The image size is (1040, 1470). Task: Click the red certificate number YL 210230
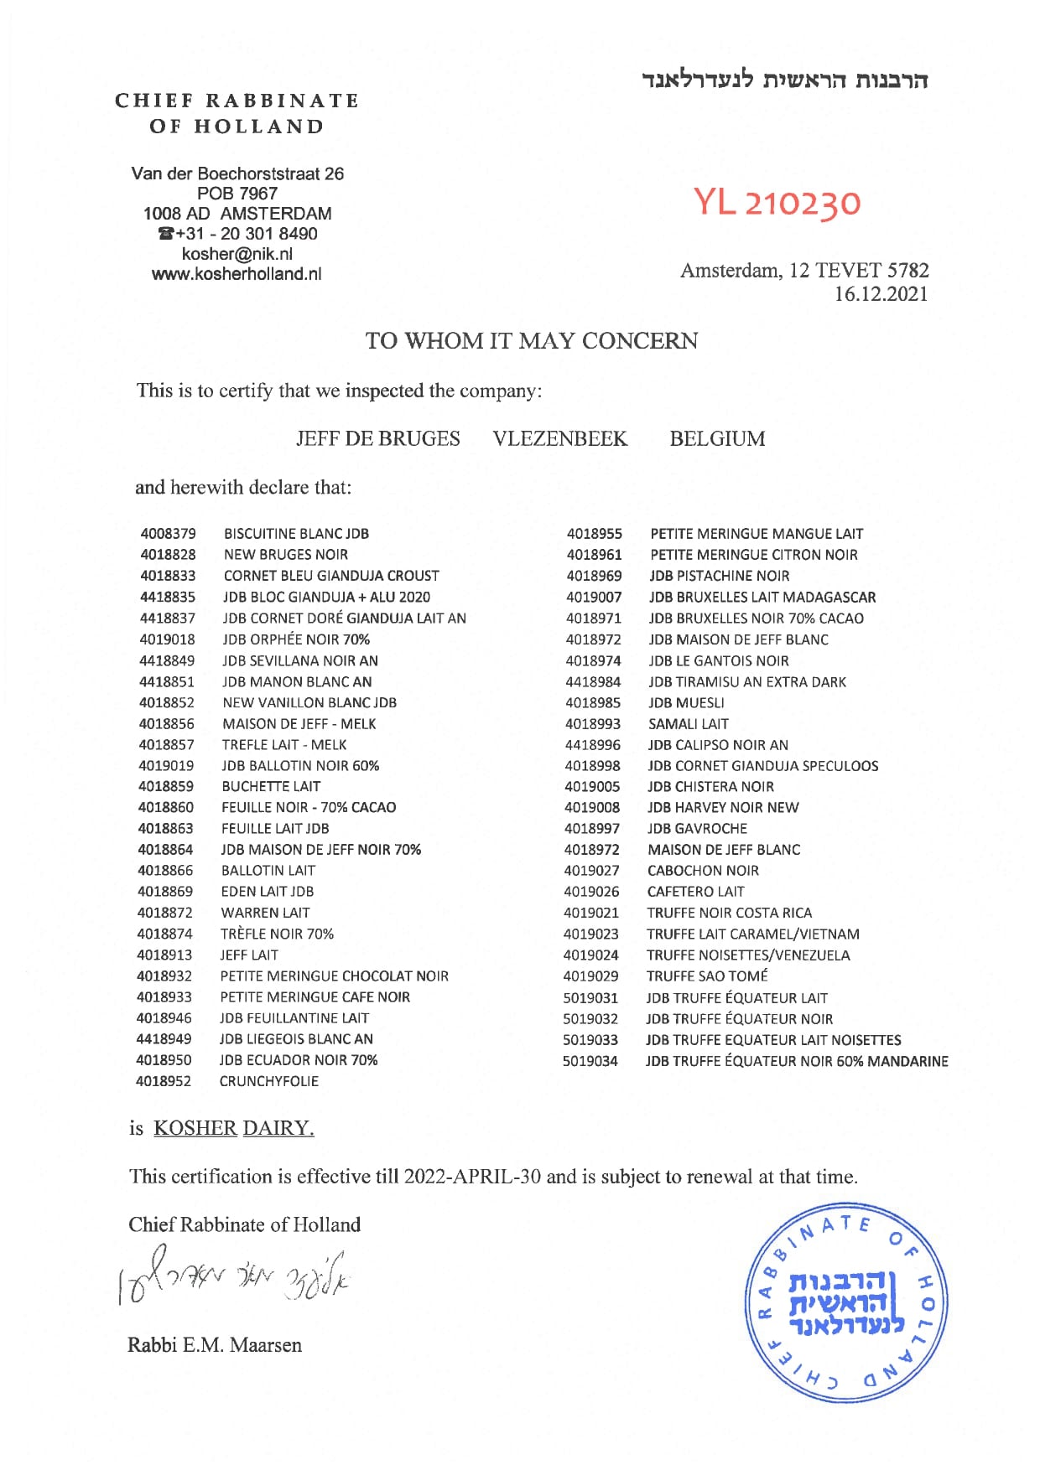coord(777,203)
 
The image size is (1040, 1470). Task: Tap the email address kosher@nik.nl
coord(237,254)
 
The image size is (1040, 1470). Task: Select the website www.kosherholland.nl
coord(237,274)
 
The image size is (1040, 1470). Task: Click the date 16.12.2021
coord(881,294)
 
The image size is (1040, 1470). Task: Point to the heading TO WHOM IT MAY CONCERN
coord(532,341)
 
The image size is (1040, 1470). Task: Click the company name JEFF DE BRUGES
coord(378,439)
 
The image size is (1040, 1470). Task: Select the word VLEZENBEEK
coord(560,439)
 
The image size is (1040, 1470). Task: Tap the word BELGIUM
coord(717,439)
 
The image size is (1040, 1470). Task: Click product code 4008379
coord(169,534)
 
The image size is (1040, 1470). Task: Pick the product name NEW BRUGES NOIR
coord(286,555)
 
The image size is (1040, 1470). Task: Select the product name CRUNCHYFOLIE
coord(269,1081)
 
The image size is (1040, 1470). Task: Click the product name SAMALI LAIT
coord(689,724)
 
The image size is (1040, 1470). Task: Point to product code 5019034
coord(590,1061)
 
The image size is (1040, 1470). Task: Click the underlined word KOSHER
coord(195,1128)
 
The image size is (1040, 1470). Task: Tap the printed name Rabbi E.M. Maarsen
coord(215,1345)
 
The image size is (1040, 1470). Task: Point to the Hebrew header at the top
coord(785,80)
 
